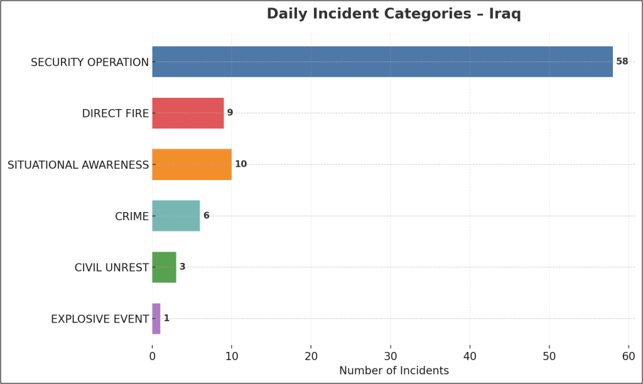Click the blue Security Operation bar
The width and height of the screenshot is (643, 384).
[x=382, y=61]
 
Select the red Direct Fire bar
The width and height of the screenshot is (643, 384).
[x=188, y=113]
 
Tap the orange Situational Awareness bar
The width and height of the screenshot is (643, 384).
[x=192, y=164]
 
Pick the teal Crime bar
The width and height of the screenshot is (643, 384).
[x=176, y=216]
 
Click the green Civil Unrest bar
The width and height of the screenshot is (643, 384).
[x=164, y=267]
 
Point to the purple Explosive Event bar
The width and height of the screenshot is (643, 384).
[x=156, y=319]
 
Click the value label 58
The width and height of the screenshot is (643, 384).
[x=622, y=61]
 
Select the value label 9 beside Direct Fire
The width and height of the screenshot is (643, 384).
[x=230, y=113]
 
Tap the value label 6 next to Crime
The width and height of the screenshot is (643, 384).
[x=206, y=216]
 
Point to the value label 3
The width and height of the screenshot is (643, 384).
[x=182, y=267]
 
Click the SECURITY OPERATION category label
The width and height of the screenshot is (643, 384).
[x=90, y=62]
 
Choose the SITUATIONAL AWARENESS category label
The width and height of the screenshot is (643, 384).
[x=78, y=165]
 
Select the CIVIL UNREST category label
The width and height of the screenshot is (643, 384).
[x=111, y=268]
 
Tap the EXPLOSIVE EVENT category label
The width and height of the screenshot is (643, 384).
[x=100, y=319]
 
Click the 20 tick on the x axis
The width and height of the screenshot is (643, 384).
[x=311, y=356]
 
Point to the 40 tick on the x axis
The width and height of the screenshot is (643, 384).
[x=470, y=356]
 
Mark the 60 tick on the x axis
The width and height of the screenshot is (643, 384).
[x=629, y=356]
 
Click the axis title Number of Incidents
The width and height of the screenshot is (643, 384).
[x=394, y=371]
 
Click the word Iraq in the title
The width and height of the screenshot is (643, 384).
[x=505, y=14]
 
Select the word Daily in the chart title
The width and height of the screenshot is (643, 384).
[x=287, y=14]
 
